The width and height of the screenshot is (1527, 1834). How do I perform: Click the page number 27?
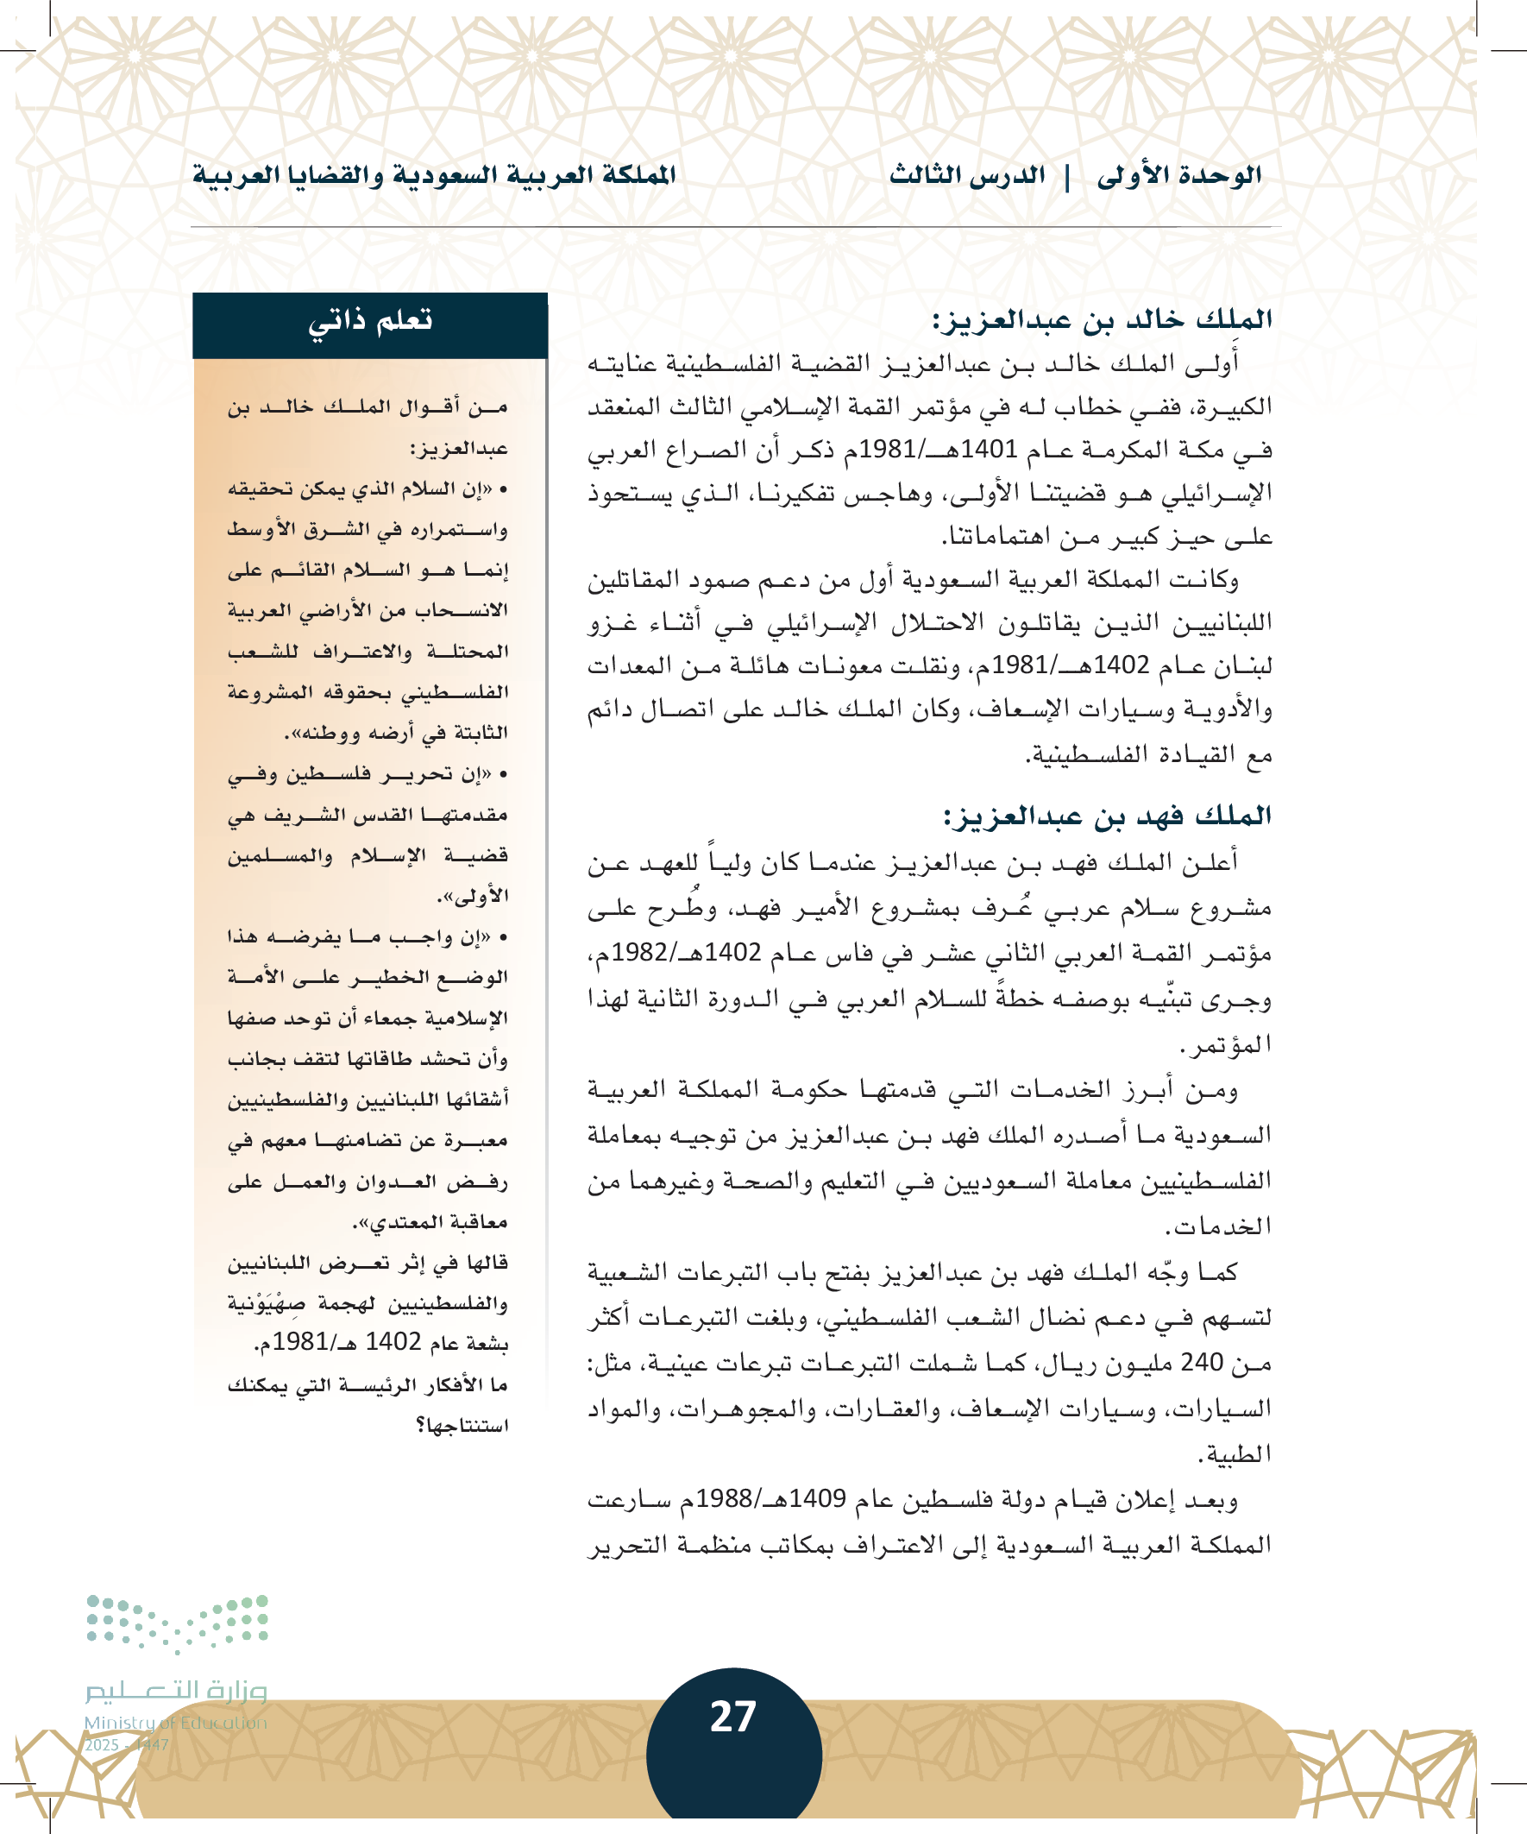pyautogui.click(x=732, y=1716)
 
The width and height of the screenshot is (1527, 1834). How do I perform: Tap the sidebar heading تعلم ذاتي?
pyautogui.click(x=369, y=321)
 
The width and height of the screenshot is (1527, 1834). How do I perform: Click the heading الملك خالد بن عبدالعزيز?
pyautogui.click(x=1102, y=319)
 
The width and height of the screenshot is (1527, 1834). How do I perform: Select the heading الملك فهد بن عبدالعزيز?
pyautogui.click(x=1107, y=816)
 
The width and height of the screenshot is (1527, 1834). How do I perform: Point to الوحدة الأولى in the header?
pyautogui.click(x=1179, y=175)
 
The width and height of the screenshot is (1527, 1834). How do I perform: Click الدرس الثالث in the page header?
pyautogui.click(x=967, y=175)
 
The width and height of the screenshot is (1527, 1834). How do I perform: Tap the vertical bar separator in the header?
pyautogui.click(x=1068, y=175)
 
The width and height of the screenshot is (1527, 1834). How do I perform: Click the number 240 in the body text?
pyautogui.click(x=1202, y=1363)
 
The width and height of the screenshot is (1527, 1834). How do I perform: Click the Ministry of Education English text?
pyautogui.click(x=175, y=1723)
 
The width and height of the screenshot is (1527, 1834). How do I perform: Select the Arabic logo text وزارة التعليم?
pyautogui.click(x=175, y=1692)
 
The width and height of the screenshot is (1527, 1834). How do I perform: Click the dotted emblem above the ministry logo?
pyautogui.click(x=177, y=1623)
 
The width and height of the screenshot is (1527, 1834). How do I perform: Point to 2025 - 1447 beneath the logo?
pyautogui.click(x=127, y=1745)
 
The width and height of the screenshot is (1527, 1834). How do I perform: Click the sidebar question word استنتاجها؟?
pyautogui.click(x=462, y=1426)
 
